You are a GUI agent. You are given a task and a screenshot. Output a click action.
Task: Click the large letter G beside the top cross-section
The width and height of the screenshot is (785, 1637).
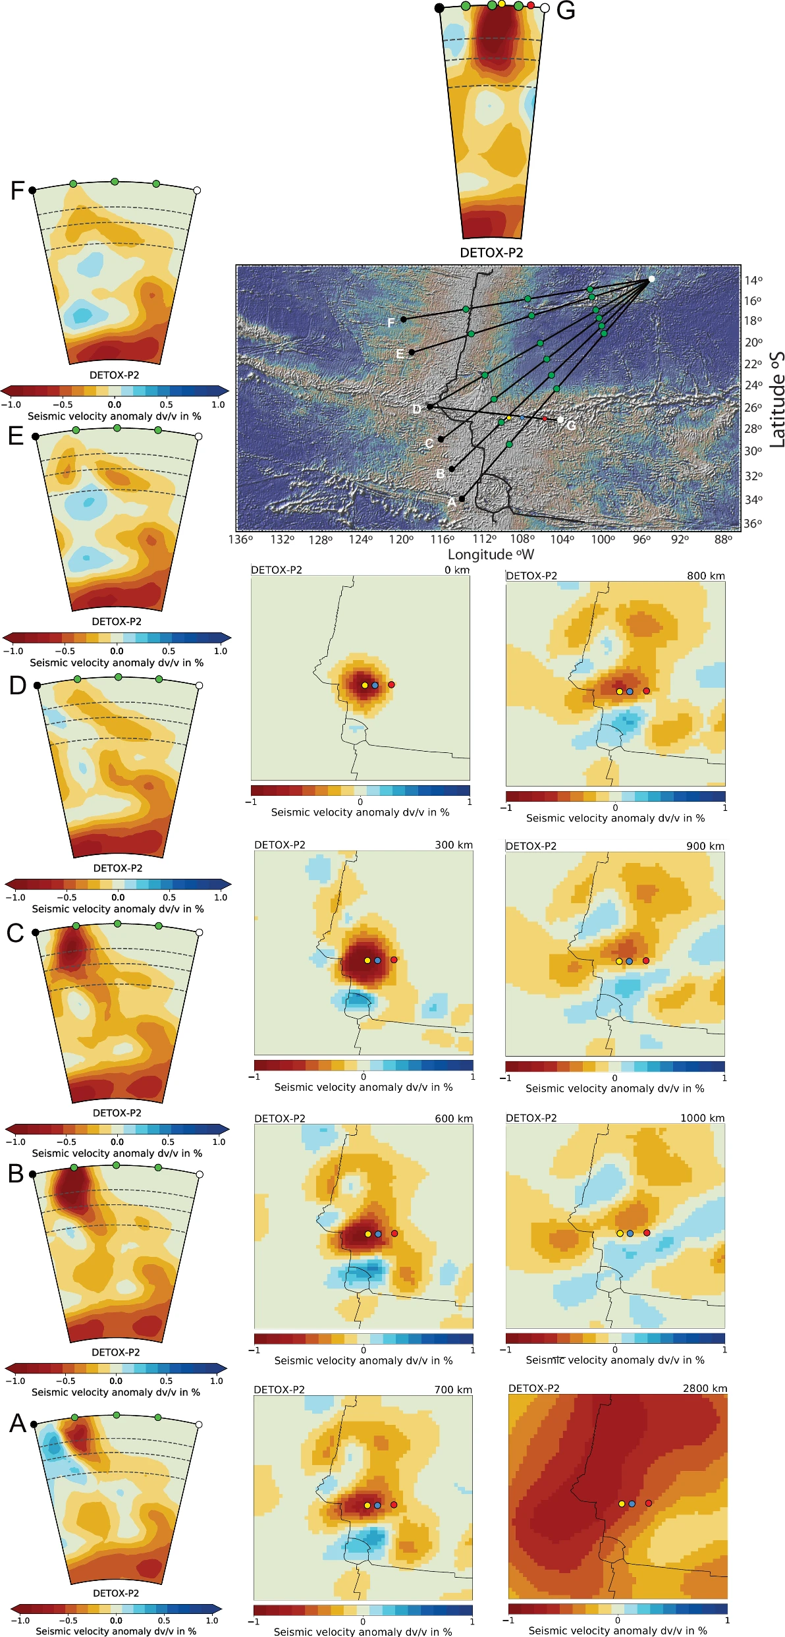point(566,11)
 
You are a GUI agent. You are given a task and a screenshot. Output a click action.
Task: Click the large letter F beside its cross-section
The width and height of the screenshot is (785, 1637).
point(17,191)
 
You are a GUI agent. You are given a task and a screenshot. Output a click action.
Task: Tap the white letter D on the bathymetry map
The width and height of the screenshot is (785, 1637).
point(417,410)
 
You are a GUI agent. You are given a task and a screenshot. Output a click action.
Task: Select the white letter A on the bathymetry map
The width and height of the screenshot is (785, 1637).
point(451,502)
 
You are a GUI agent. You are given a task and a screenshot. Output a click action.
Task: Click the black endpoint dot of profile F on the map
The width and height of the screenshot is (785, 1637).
point(404,319)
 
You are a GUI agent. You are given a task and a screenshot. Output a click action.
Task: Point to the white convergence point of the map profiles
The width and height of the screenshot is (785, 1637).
point(651,279)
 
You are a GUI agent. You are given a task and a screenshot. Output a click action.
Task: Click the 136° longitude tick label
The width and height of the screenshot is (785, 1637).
point(240,540)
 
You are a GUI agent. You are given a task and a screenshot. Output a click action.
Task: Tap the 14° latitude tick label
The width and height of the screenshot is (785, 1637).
point(753,281)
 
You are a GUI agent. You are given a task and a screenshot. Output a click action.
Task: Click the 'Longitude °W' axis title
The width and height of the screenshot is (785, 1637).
point(491,555)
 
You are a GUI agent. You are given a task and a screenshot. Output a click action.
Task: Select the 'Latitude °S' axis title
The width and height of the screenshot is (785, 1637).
point(777,399)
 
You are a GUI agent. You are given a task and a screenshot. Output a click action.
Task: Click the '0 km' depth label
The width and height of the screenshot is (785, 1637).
point(457,570)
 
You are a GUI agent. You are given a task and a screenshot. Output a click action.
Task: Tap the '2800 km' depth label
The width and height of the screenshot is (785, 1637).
point(705,1388)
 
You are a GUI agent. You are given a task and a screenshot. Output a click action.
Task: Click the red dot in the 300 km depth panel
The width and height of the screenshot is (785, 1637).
point(394,960)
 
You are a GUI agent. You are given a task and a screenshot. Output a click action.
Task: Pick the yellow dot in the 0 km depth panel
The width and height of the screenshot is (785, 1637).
point(365,685)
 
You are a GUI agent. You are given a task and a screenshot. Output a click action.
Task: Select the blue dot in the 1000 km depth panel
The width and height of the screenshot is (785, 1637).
point(630,1233)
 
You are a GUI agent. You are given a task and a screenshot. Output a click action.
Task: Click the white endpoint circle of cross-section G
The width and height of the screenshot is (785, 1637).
point(545,8)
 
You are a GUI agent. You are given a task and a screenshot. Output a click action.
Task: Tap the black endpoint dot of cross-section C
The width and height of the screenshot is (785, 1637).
point(36,932)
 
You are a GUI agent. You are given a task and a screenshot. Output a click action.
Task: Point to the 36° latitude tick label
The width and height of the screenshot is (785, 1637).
point(753,524)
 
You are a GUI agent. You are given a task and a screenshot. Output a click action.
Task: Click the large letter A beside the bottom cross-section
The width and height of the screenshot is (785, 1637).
point(18,1424)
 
